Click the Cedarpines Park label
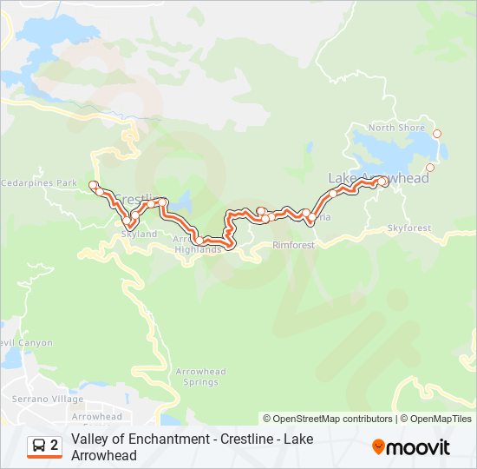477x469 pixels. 39,183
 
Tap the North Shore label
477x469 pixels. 396,128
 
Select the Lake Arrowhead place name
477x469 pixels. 379,178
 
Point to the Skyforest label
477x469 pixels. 408,228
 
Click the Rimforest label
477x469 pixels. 293,245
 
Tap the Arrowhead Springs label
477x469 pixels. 200,376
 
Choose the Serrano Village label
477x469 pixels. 36,399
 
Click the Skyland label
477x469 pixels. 139,234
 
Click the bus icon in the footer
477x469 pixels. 39,446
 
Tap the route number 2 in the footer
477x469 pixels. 55,446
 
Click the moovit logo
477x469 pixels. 411,447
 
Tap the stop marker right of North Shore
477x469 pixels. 437,134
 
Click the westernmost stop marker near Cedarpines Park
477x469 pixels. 92,184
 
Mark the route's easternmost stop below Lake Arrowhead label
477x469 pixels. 383,182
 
